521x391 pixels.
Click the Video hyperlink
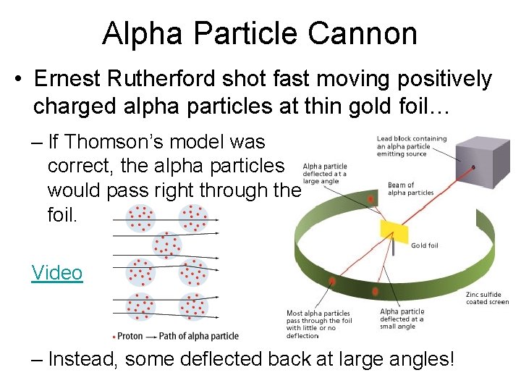57,273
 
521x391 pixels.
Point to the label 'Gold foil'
425,245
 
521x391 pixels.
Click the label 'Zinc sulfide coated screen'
487,298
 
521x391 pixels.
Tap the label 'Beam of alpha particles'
411,189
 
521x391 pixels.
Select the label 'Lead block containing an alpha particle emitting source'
412,146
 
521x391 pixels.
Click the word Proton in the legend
130,336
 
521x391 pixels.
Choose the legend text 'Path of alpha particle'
198,336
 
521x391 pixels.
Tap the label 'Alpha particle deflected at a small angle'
402,319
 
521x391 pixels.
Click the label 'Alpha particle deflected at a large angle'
325,174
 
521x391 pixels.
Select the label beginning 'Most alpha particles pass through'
319,324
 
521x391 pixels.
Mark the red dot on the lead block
474,167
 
